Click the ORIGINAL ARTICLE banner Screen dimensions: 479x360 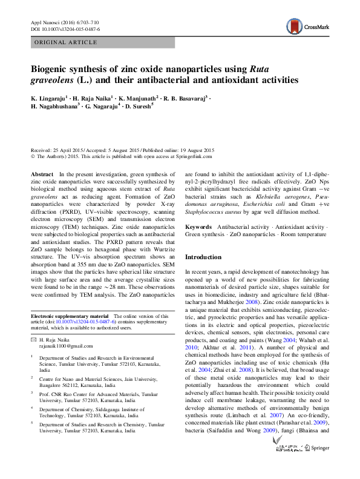click(66, 42)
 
